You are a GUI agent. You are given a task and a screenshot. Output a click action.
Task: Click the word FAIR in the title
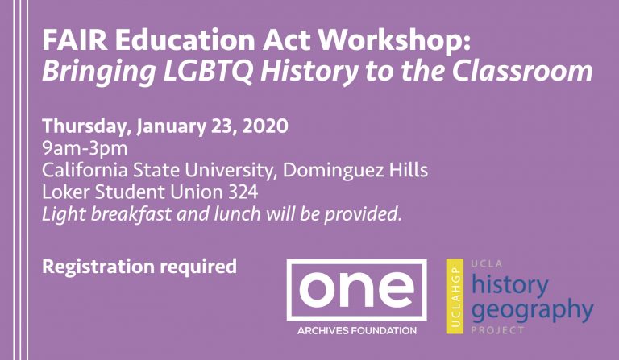[x=75, y=39]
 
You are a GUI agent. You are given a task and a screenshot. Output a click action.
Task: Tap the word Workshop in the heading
[x=395, y=39]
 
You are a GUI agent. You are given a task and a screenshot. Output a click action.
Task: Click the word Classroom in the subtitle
[x=522, y=71]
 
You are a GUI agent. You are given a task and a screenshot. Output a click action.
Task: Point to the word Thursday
[x=87, y=126]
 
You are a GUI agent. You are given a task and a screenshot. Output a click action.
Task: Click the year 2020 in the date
[x=265, y=126]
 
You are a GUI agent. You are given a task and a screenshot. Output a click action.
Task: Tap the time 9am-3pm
[x=85, y=149]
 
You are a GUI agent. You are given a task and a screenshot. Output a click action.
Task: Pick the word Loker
[x=65, y=192]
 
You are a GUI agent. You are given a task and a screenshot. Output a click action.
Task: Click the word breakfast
[x=131, y=214]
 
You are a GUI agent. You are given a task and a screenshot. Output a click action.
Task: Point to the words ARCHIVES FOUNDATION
[x=357, y=330]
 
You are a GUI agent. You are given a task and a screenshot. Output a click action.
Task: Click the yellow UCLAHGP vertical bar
[x=455, y=296]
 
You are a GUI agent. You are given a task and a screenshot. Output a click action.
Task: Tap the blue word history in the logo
[x=510, y=285]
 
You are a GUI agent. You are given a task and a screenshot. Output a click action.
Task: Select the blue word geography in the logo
[x=533, y=310]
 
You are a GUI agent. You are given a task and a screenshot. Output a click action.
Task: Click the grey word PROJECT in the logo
[x=497, y=329]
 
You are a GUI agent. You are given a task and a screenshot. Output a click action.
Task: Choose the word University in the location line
[x=230, y=171]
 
